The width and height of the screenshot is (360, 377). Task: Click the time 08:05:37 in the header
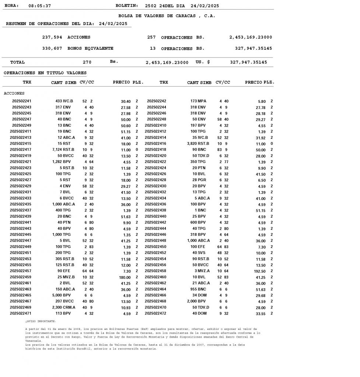click(39, 6)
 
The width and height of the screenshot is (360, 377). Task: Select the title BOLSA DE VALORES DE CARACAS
click(167, 16)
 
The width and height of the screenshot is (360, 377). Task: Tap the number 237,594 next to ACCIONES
click(52, 37)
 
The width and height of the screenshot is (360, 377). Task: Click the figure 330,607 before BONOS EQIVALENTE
click(52, 48)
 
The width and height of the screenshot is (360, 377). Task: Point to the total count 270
click(87, 62)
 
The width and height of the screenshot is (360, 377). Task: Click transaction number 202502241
click(22, 101)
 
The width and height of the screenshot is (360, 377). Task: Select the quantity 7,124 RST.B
click(63, 149)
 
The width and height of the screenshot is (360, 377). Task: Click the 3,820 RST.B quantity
click(198, 144)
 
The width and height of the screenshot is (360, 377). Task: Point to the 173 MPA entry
click(198, 101)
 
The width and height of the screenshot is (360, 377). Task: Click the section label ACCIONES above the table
click(14, 94)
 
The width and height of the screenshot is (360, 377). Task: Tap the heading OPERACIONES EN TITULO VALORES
click(45, 73)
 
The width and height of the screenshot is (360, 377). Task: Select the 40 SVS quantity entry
click(199, 253)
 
